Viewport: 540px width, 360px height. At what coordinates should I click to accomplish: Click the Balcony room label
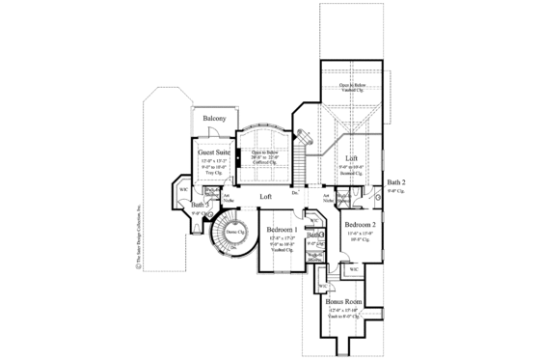[x=214, y=119]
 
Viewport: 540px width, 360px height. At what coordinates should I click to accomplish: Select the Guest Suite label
[x=213, y=152]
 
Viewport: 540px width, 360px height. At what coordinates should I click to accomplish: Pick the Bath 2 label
[x=396, y=182]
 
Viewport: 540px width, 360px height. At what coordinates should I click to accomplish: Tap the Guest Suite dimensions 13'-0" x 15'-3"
[x=213, y=161]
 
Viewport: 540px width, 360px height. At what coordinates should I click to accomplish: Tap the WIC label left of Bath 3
[x=182, y=189]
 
